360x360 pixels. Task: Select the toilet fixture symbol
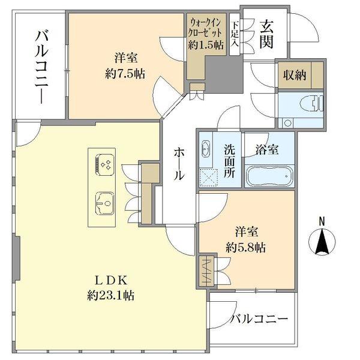[311, 102]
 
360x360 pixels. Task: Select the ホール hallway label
[178, 163]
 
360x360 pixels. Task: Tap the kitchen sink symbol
[104, 202]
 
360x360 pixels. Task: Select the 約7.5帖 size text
[124, 75]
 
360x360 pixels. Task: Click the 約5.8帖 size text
[246, 247]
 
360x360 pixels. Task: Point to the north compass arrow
[322, 244]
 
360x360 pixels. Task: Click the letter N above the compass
[322, 221]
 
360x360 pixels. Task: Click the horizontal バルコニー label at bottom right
[260, 319]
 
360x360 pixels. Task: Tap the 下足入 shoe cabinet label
[235, 34]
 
